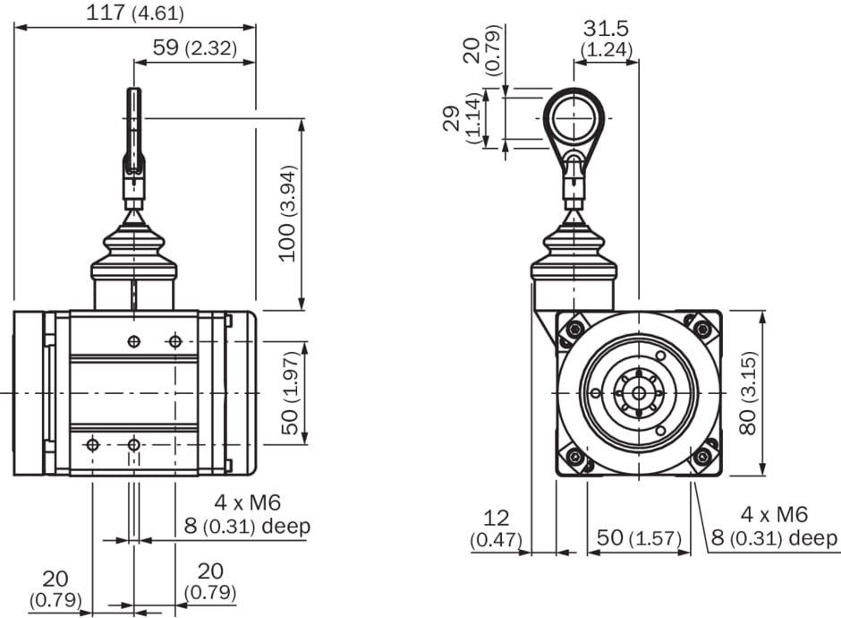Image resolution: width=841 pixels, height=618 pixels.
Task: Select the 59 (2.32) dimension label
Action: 195,48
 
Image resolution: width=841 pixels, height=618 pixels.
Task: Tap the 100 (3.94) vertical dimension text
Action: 286,213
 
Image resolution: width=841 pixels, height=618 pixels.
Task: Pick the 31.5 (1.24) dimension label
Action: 606,39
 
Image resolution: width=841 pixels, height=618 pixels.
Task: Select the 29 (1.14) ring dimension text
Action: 463,119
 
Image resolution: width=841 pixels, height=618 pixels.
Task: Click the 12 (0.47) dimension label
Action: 495,528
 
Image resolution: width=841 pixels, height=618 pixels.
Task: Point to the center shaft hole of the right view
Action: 638,392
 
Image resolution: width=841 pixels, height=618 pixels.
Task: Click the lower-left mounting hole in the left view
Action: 92,444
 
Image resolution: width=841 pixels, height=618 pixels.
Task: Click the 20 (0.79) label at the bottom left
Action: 55,588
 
